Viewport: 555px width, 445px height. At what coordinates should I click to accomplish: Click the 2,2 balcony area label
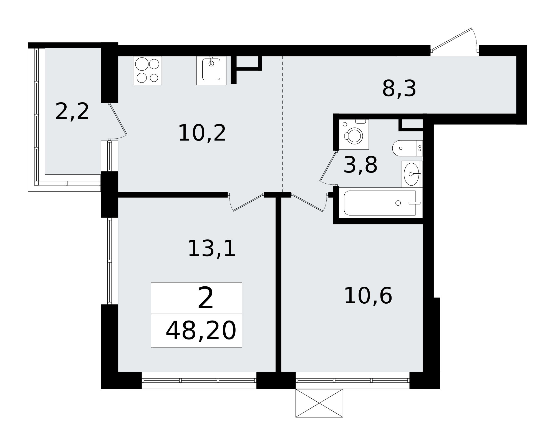click(x=72, y=111)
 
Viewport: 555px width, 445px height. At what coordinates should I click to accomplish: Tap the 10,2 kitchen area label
click(x=202, y=133)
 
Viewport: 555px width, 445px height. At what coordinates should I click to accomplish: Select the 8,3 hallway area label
click(x=399, y=89)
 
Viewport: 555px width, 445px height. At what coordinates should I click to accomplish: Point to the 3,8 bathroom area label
click(x=360, y=165)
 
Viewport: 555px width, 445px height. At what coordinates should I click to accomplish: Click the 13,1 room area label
click(x=211, y=249)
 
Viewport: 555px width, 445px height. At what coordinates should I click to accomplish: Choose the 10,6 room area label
click(x=368, y=296)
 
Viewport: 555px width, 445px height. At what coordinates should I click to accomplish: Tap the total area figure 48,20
click(x=201, y=331)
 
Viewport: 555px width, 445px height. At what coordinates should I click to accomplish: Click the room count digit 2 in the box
click(x=205, y=299)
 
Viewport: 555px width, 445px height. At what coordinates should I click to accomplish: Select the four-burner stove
click(x=147, y=71)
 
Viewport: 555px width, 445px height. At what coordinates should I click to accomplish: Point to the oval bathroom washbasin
click(x=412, y=174)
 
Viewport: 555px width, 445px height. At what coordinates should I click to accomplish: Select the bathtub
click(x=380, y=203)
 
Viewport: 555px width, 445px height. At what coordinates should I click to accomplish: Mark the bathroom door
click(x=328, y=167)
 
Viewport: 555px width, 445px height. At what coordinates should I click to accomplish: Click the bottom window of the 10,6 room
click(x=352, y=380)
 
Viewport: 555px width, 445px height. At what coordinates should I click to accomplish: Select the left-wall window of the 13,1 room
click(x=110, y=261)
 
